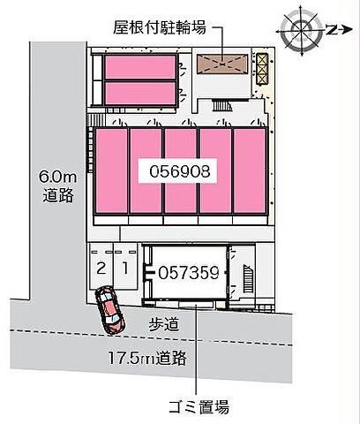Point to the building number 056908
point(181,171)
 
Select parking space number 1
point(125,267)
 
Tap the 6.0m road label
point(58,186)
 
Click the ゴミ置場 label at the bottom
point(199,407)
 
